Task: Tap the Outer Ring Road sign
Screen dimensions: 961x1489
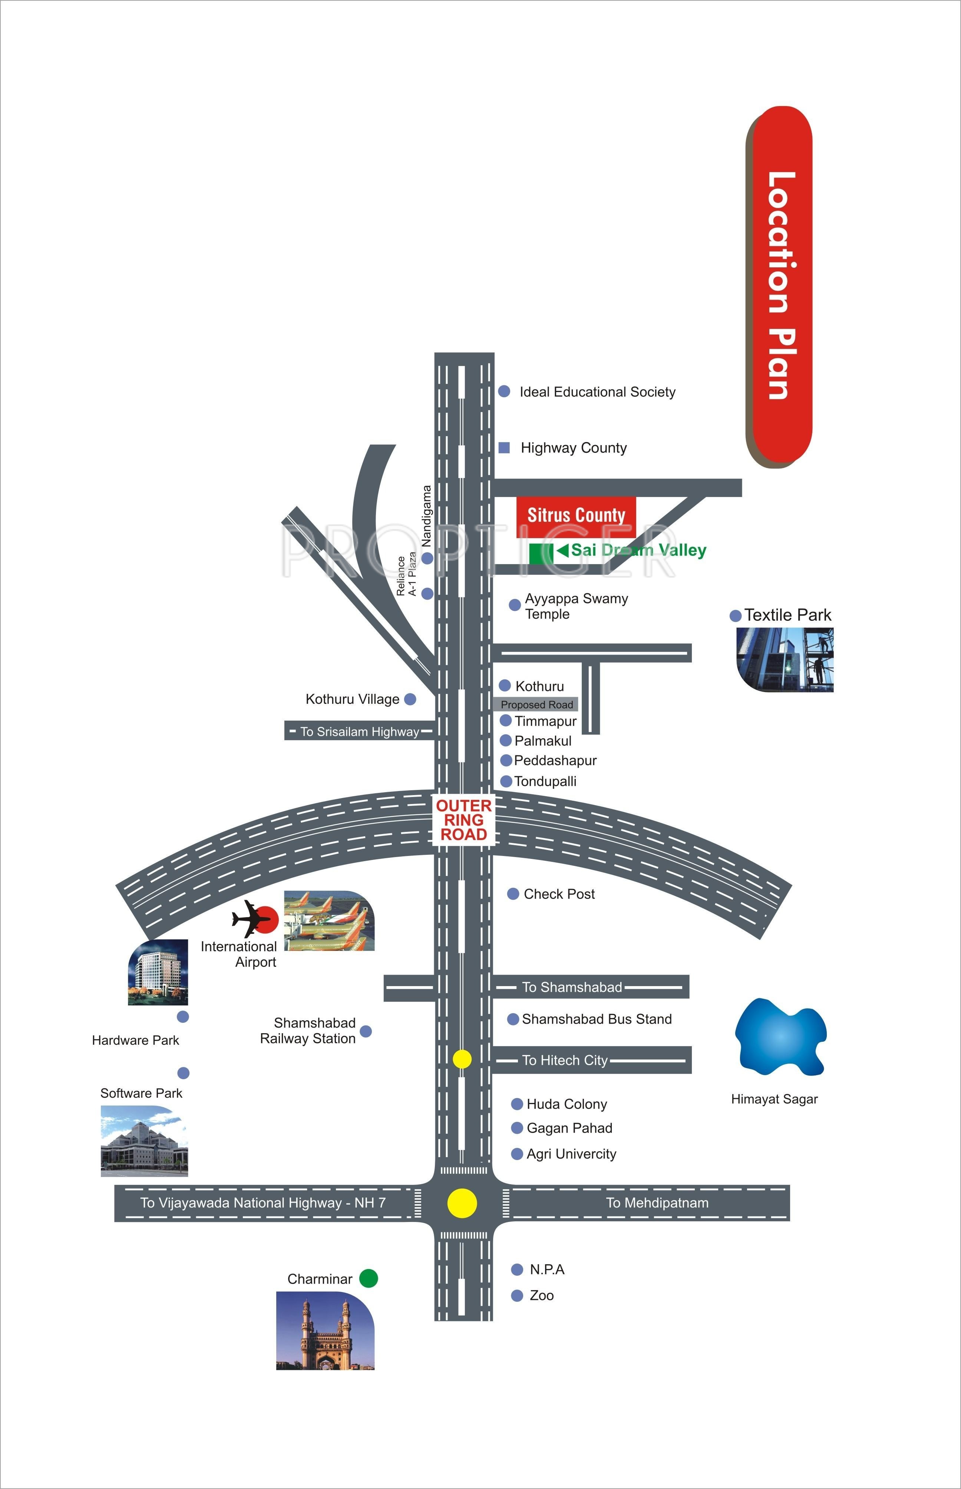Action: click(x=464, y=820)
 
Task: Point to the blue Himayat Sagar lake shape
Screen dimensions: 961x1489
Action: click(x=781, y=1037)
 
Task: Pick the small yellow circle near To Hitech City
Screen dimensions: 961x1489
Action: click(x=462, y=1059)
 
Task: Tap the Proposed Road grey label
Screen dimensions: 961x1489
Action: click(x=536, y=705)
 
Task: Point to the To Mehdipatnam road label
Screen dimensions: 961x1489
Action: click(x=657, y=1203)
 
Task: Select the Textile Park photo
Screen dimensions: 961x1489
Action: click(x=785, y=660)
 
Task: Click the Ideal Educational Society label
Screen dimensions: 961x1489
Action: click(x=597, y=392)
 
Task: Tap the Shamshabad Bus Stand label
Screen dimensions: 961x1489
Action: click(x=597, y=1019)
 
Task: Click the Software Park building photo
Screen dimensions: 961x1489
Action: click(x=144, y=1142)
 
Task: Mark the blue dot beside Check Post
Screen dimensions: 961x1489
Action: click(x=513, y=894)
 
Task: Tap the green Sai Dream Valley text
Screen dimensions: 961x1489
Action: click(x=638, y=550)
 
